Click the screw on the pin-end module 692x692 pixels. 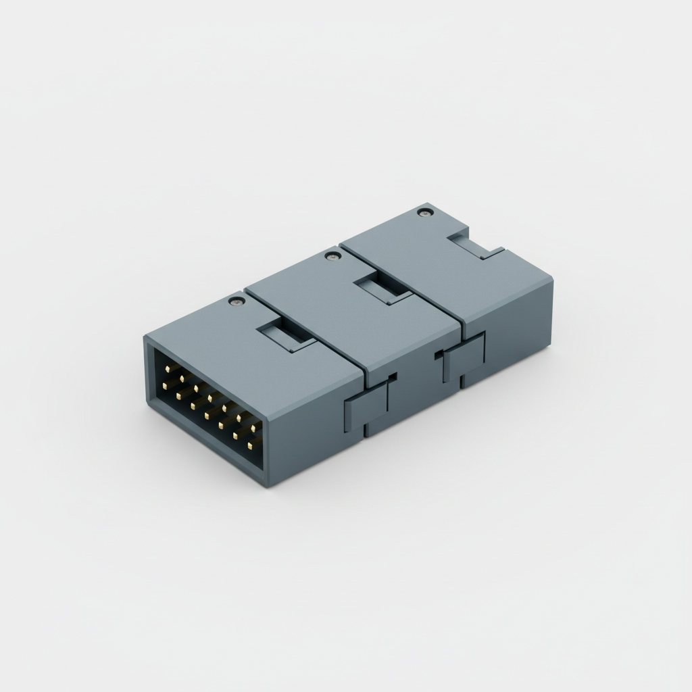pyautogui.click(x=234, y=301)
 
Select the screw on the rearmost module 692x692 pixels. pyautogui.click(x=424, y=212)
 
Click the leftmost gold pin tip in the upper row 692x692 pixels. pyautogui.click(x=168, y=369)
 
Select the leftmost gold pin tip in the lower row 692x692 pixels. pyautogui.click(x=164, y=386)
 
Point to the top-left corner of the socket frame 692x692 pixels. pyautogui.click(x=146, y=338)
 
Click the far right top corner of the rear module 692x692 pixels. pyautogui.click(x=553, y=279)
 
